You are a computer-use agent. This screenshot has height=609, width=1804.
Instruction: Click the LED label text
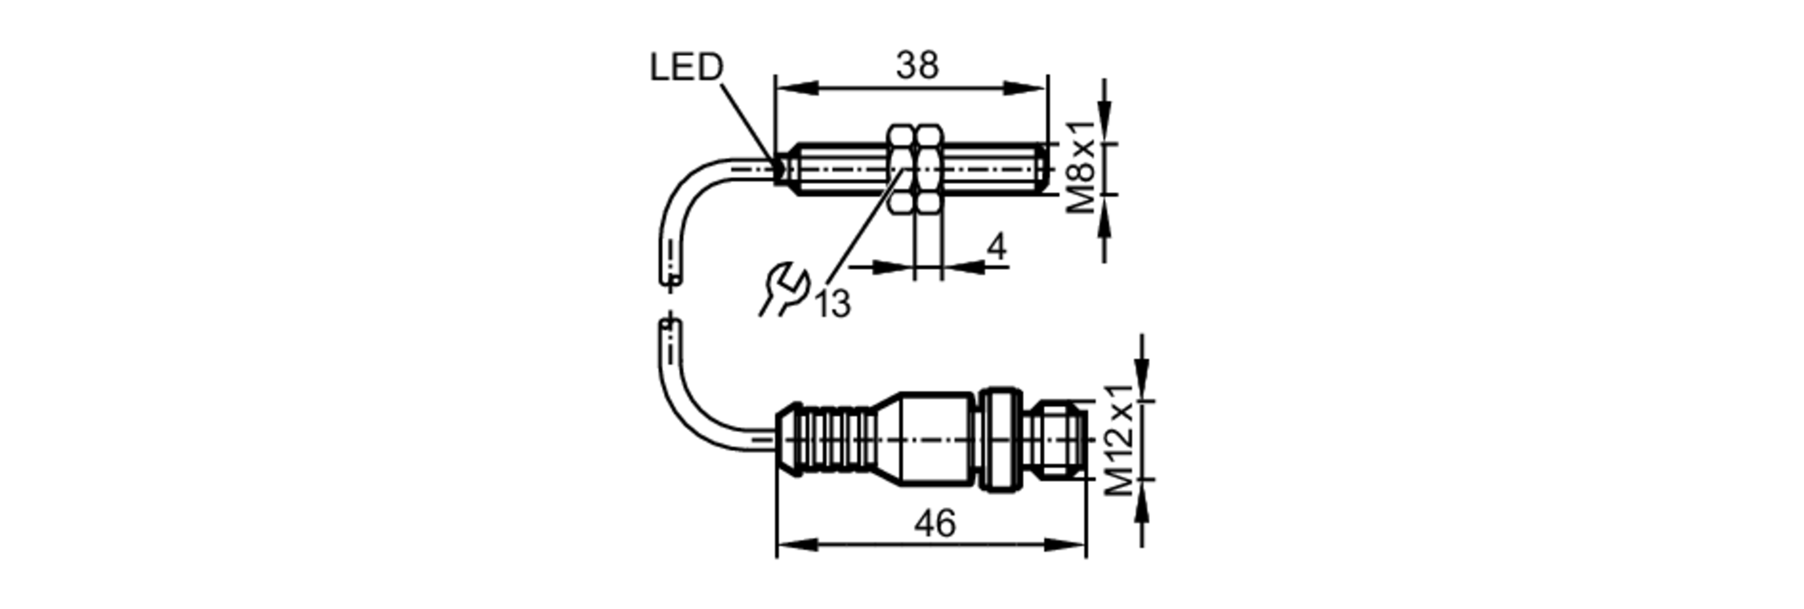[686, 68]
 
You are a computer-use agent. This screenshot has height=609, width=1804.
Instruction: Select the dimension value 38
[916, 65]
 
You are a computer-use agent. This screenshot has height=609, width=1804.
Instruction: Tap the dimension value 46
[934, 523]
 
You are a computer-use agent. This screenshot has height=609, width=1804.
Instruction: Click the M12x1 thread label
[1120, 440]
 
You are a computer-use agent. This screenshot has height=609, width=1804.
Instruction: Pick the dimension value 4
[996, 246]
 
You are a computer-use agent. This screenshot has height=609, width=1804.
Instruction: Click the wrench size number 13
[833, 304]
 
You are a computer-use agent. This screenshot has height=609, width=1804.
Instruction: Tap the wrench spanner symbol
[782, 289]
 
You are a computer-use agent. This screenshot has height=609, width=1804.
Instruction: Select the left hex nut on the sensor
[902, 169]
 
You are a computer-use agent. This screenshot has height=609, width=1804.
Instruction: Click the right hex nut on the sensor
[928, 169]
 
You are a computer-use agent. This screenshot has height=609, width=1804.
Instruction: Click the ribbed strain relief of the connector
[825, 439]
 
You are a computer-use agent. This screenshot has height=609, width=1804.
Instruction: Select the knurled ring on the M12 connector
[1000, 440]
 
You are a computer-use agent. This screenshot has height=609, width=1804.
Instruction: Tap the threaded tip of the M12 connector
[1062, 440]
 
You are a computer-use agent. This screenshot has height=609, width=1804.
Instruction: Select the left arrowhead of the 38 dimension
[794, 88]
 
